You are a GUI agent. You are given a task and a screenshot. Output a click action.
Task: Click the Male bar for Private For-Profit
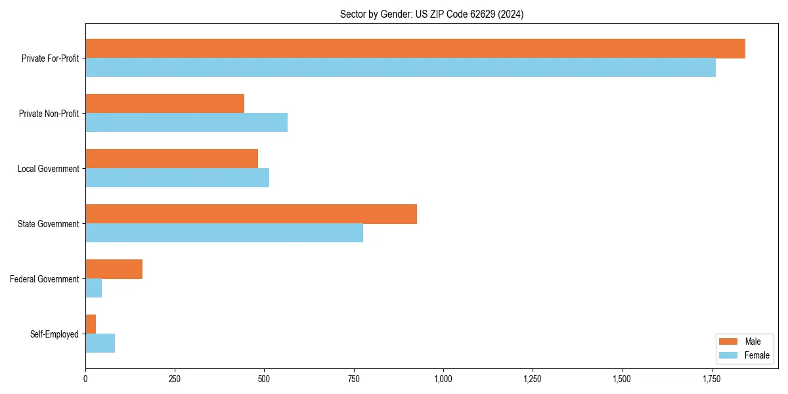pos(415,49)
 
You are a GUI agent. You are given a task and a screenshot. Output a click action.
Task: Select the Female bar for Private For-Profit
pos(401,68)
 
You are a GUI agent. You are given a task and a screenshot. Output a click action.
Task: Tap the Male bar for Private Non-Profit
pos(165,104)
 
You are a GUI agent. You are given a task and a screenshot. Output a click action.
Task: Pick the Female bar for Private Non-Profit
pos(186,123)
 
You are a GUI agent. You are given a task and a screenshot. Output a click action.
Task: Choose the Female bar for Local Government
pos(177,178)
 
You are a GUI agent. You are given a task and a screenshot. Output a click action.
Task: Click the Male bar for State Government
pos(251,214)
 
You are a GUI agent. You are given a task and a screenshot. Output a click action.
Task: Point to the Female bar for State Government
pos(224,233)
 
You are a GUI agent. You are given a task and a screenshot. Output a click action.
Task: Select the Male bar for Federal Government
pos(114,269)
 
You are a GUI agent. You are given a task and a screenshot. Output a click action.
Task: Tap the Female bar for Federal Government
pos(93,288)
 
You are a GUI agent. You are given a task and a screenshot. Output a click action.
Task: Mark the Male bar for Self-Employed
pos(91,324)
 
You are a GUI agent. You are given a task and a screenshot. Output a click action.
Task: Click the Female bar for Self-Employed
pos(100,343)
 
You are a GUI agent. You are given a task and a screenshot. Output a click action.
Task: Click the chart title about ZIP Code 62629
pos(431,14)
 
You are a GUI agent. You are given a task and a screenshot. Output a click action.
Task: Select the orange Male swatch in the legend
pos(729,341)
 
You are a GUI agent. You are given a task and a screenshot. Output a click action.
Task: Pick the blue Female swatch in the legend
pos(729,355)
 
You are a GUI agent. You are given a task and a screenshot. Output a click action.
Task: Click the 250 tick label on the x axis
pos(175,379)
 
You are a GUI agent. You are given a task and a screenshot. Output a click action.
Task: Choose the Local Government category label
pos(48,169)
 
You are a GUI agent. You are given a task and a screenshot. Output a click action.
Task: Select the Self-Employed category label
pos(54,334)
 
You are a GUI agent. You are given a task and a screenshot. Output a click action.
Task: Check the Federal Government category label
pos(44,279)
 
